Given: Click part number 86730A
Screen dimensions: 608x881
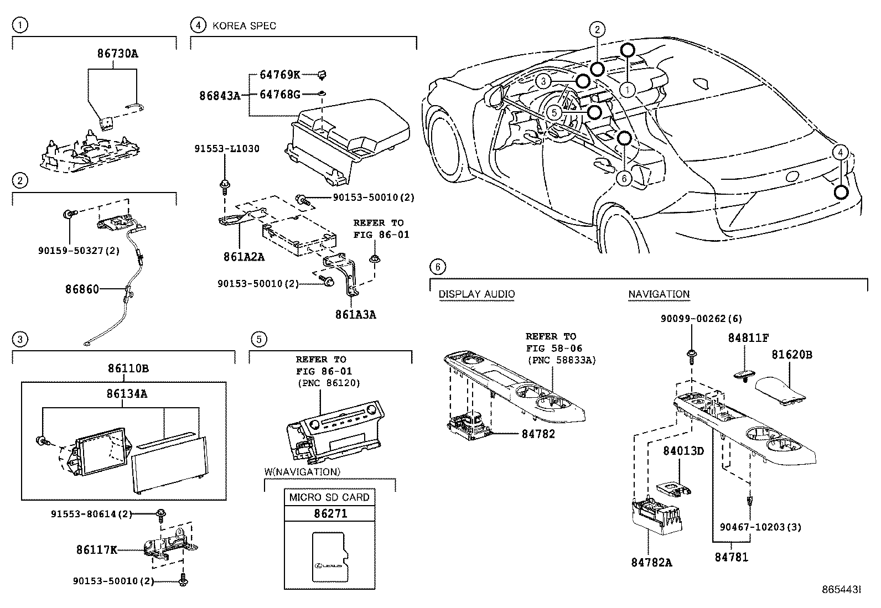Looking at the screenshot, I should [117, 54].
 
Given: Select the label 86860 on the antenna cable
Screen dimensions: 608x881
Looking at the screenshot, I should [82, 289].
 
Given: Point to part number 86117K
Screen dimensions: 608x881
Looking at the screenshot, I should [96, 550].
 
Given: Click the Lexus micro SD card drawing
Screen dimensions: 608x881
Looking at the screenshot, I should [331, 556].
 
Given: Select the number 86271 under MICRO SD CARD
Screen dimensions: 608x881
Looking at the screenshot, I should [330, 513].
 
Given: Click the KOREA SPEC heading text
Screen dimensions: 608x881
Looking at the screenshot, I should [244, 26].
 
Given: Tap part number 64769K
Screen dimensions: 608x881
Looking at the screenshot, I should [279, 75].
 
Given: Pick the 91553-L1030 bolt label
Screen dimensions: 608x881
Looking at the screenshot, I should [227, 149].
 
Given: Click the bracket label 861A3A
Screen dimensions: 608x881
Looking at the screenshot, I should [355, 315].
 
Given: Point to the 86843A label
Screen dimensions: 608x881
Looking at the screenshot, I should [220, 96].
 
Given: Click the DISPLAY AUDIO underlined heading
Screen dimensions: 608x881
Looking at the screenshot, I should [476, 294].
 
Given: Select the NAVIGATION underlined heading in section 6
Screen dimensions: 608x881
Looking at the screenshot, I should [659, 294].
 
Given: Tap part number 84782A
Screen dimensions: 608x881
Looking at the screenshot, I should [651, 563].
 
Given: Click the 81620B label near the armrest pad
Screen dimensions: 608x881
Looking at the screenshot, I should [792, 355].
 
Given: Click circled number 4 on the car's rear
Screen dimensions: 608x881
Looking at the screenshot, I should [839, 152].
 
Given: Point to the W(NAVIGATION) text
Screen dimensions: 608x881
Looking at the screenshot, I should [302, 472].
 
